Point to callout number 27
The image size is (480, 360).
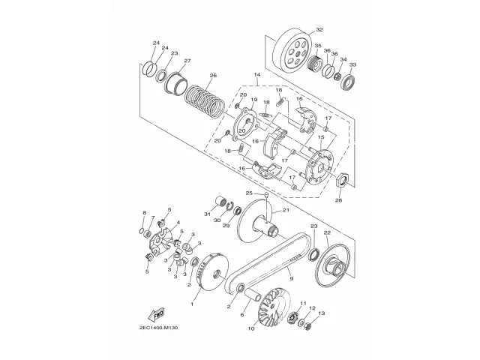187,61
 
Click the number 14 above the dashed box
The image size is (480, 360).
256,74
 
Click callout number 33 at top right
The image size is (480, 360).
353,65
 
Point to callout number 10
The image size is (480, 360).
250,328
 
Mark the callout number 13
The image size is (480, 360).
322,313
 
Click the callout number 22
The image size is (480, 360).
326,232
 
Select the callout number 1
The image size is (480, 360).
193,304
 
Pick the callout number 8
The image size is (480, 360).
144,214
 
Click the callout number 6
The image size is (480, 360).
242,315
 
